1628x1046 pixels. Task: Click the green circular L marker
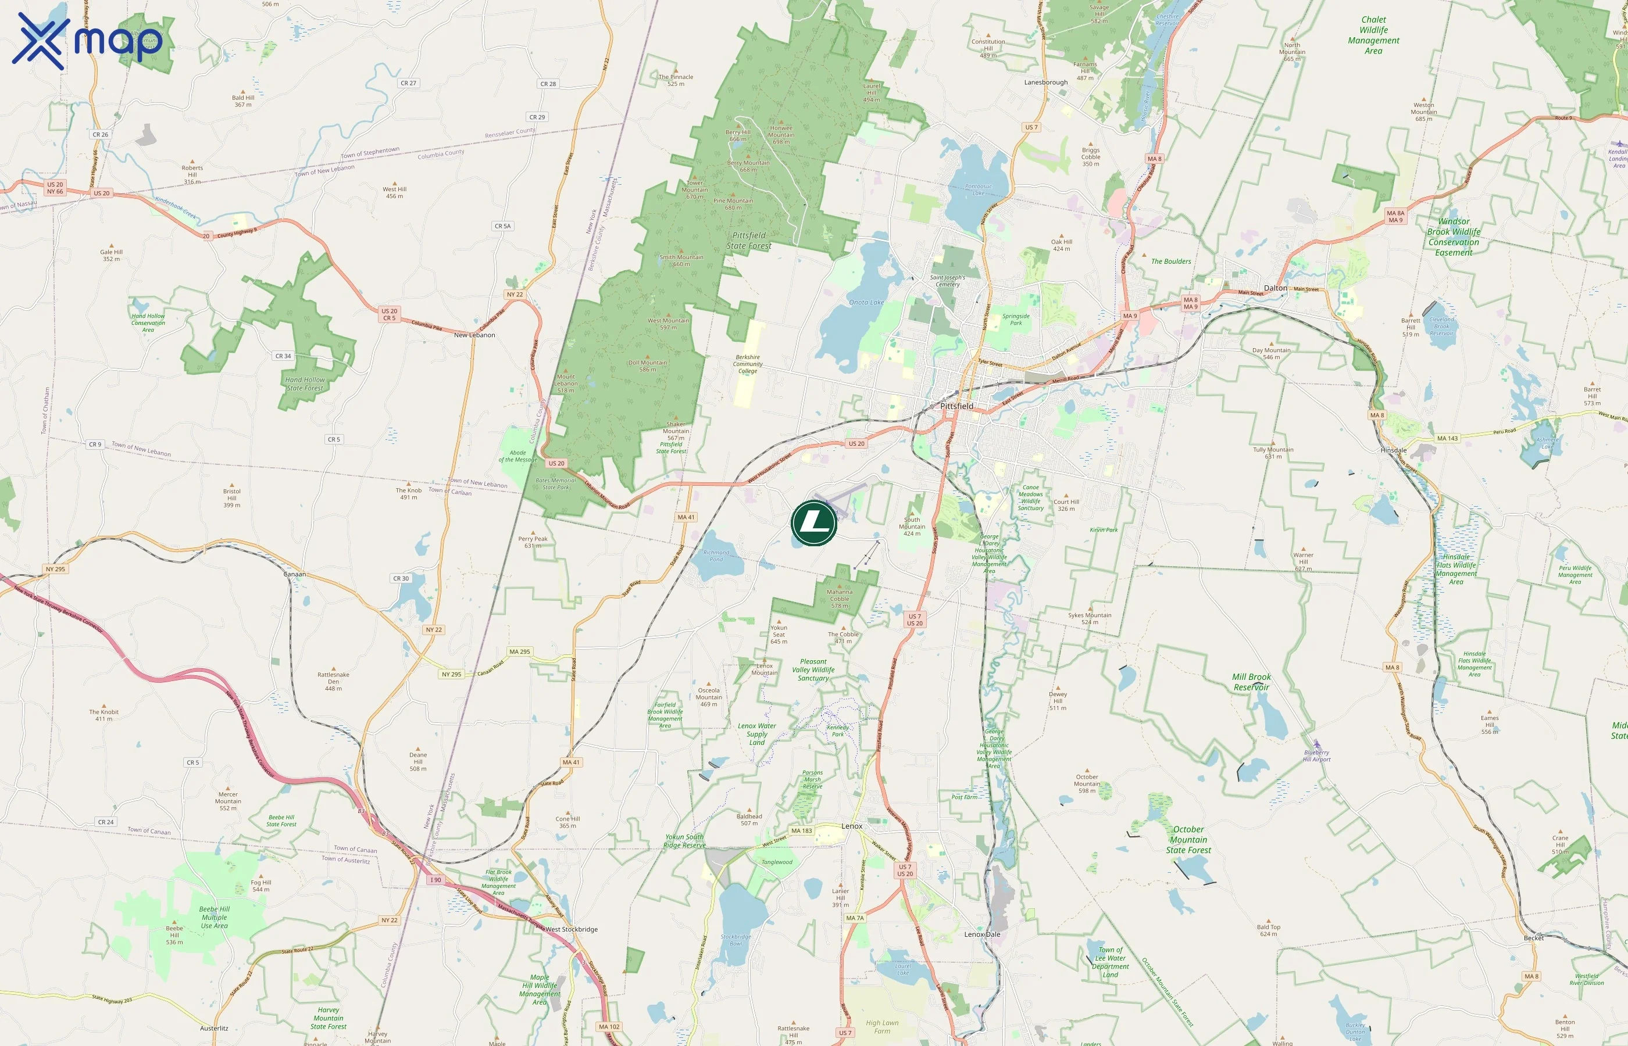(814, 523)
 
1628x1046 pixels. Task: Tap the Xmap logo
(87, 41)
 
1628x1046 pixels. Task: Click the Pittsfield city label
(956, 406)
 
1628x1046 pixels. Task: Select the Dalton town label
(1275, 288)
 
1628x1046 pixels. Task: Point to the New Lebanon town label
(474, 335)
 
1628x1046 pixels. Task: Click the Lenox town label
(851, 826)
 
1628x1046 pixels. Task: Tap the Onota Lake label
(866, 302)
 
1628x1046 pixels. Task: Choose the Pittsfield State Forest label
(749, 241)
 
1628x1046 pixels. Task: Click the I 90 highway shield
(435, 880)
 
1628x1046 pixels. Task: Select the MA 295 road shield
(519, 651)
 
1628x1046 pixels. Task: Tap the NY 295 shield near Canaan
(56, 569)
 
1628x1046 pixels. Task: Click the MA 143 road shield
(1447, 438)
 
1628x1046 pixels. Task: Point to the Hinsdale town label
(1394, 450)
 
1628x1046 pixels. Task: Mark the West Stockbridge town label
(572, 929)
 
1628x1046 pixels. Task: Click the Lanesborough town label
(1045, 82)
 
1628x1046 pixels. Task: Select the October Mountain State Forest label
(1188, 840)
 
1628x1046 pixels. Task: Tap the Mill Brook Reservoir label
(1251, 682)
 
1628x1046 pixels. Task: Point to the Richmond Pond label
(716, 556)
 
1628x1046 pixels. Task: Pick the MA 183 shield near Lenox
(802, 830)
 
